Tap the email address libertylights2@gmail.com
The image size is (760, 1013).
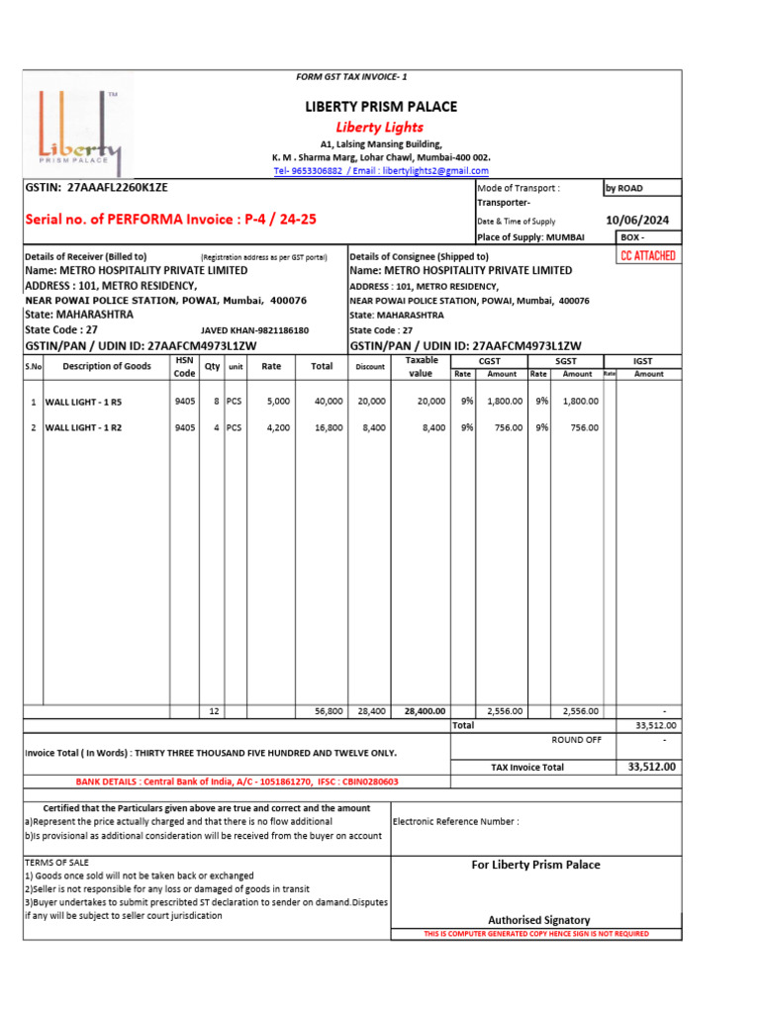pyautogui.click(x=435, y=171)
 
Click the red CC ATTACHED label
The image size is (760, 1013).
pyautogui.click(x=647, y=256)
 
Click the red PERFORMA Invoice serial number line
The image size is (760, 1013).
pyautogui.click(x=170, y=219)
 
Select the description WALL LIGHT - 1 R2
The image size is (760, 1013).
pyautogui.click(x=83, y=427)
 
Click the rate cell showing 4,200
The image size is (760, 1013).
pyautogui.click(x=278, y=427)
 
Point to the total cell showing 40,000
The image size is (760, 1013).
pyautogui.click(x=329, y=401)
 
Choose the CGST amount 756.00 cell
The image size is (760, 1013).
pyautogui.click(x=502, y=427)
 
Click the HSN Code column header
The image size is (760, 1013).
pyautogui.click(x=184, y=367)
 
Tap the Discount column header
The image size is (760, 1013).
pyautogui.click(x=370, y=367)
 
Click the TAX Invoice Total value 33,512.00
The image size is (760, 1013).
pyautogui.click(x=651, y=767)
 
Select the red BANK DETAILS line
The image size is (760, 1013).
pyautogui.click(x=237, y=782)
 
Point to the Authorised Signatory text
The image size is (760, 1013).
pyautogui.click(x=538, y=920)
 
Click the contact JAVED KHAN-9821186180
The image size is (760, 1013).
pyautogui.click(x=254, y=330)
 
